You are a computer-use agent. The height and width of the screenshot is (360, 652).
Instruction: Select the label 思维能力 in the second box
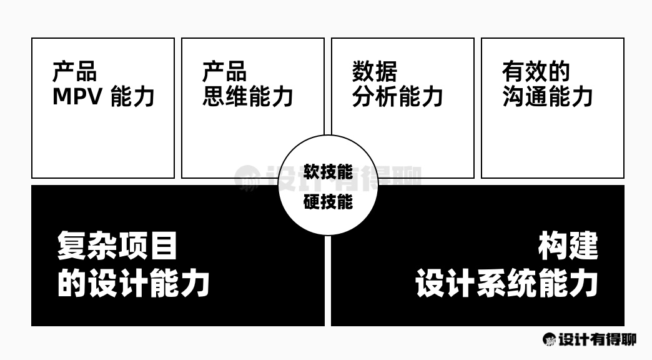coord(247,97)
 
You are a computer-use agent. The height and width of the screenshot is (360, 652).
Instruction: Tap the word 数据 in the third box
coord(375,72)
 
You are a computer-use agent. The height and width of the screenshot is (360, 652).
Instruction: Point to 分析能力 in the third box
coord(398,97)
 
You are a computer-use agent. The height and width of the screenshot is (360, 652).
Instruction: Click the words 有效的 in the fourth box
coord(536,72)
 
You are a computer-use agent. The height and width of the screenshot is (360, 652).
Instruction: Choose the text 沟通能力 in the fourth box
coord(548,97)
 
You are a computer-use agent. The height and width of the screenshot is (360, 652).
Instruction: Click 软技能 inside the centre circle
coord(328,172)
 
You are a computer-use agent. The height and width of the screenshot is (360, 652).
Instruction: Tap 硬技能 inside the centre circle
coord(328,202)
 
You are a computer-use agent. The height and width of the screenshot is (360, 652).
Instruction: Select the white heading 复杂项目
coord(117,246)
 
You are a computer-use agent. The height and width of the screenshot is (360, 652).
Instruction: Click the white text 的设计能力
coord(133,284)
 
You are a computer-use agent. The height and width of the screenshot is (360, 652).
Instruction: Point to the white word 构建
coord(568,246)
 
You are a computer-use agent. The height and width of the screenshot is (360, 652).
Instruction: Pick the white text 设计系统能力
coord(506,284)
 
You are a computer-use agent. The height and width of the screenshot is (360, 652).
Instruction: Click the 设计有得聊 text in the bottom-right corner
coord(597,339)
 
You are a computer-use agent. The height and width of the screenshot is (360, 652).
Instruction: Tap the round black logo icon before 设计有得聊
coord(550,339)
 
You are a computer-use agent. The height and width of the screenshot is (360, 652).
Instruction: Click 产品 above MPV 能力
coord(75,72)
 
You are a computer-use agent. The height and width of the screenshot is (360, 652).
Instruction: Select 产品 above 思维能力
coord(225,72)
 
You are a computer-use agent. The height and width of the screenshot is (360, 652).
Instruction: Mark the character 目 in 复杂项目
coord(164,246)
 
